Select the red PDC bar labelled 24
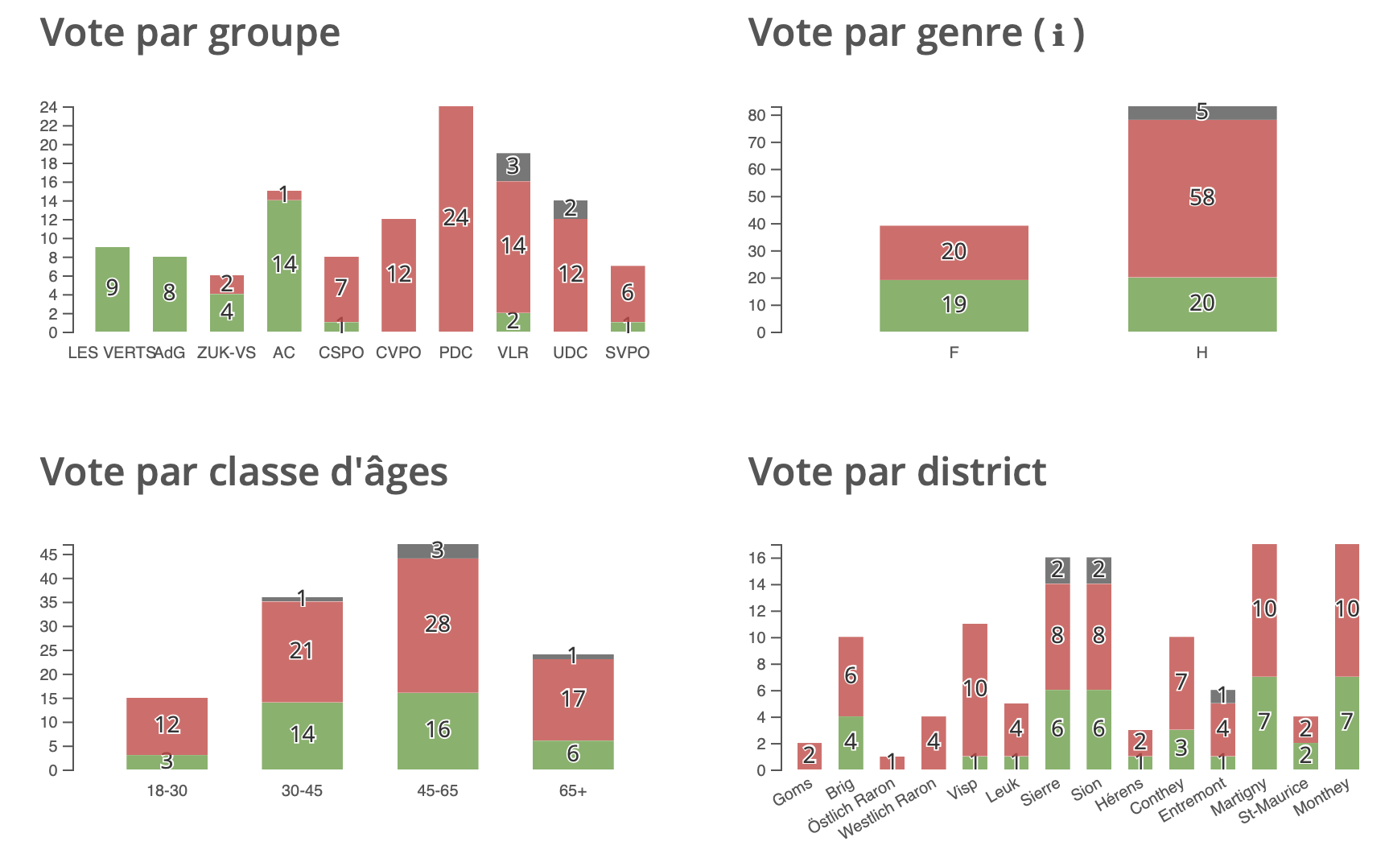pos(455,218)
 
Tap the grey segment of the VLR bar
pos(513,167)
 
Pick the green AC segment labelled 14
pos(284,265)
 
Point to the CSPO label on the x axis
pos(341,353)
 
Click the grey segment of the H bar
pos(1201,113)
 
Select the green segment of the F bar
pos(954,305)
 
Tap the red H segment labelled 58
pos(1201,198)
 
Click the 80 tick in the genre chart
pos(756,115)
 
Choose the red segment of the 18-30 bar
pos(167,725)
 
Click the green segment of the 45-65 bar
pos(437,730)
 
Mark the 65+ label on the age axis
pos(573,790)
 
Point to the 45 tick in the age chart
pos(48,555)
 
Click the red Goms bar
pos(809,756)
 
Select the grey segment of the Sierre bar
pos(1057,570)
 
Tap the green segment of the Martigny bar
pos(1264,722)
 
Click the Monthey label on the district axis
pos(1322,798)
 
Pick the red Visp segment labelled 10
pos(975,689)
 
